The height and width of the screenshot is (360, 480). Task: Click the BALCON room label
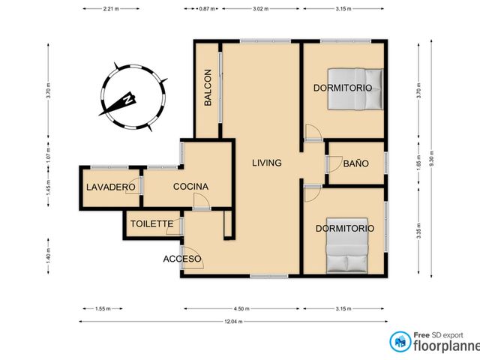click(208, 88)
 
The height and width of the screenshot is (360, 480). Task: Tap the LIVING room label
click(267, 163)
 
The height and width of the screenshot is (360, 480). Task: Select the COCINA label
click(190, 187)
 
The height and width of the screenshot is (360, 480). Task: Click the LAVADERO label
click(111, 187)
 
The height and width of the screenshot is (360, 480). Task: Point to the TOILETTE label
click(151, 223)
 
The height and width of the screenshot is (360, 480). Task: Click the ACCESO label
click(182, 259)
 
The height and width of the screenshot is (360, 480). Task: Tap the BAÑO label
click(355, 163)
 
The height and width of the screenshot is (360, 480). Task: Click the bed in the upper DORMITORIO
click(355, 88)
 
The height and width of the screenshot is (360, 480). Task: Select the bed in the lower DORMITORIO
click(346, 245)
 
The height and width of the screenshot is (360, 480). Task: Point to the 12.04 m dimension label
click(233, 322)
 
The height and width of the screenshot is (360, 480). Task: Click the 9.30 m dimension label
click(432, 158)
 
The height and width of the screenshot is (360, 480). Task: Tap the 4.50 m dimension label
click(241, 308)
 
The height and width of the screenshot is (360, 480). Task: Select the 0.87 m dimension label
click(207, 8)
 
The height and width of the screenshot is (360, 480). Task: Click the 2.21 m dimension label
click(111, 8)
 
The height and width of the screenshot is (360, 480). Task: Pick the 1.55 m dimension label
click(103, 308)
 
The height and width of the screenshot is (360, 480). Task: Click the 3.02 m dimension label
click(260, 8)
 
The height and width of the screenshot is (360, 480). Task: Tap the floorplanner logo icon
click(400, 342)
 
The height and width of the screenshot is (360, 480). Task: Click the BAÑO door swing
click(335, 163)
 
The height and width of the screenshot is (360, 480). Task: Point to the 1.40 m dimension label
click(48, 256)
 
